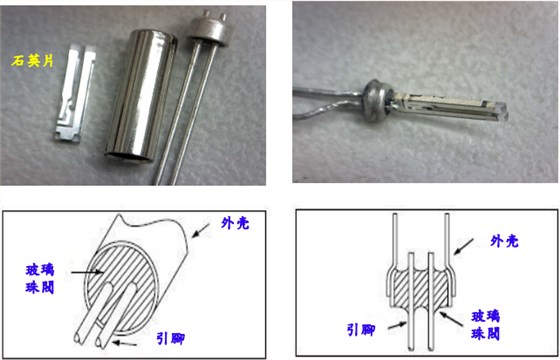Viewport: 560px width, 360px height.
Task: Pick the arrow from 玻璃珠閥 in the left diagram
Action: pyautogui.click(x=86, y=268)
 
